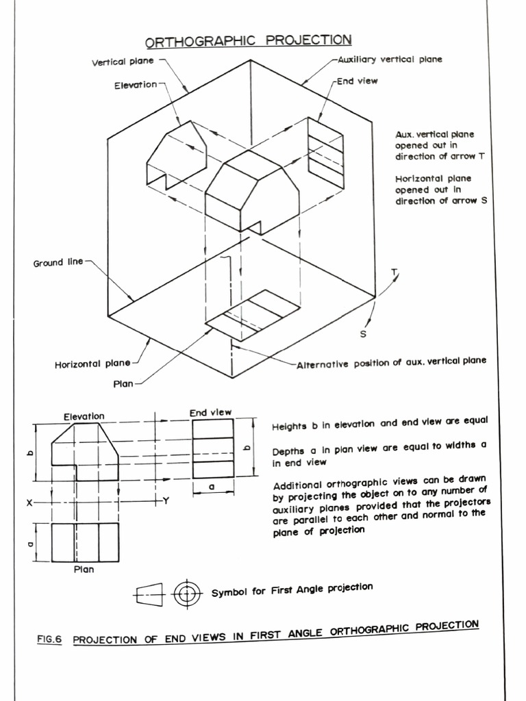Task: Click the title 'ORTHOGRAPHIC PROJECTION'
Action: point(249,40)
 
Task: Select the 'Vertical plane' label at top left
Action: point(123,62)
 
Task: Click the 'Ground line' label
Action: point(58,262)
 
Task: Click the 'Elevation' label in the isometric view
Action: point(136,85)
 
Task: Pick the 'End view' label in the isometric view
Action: point(357,81)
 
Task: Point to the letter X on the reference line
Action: point(29,502)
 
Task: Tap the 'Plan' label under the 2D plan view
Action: point(84,569)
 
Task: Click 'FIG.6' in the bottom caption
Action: point(49,640)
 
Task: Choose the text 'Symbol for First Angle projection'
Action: point(292,590)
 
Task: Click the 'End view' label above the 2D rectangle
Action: point(210,412)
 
